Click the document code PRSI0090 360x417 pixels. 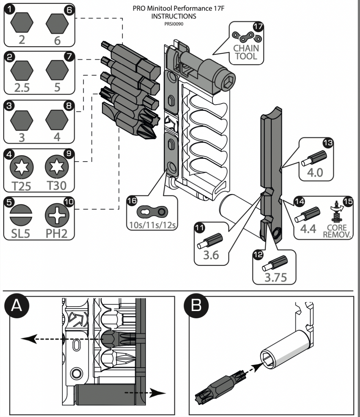tap(178, 24)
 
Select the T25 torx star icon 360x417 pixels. tap(22, 166)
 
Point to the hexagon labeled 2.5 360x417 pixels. tap(22, 70)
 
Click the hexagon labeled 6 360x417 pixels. tap(57, 23)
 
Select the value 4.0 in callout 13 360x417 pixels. tap(315, 172)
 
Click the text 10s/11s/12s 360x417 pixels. tap(151, 224)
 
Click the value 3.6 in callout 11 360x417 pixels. tap(211, 255)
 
